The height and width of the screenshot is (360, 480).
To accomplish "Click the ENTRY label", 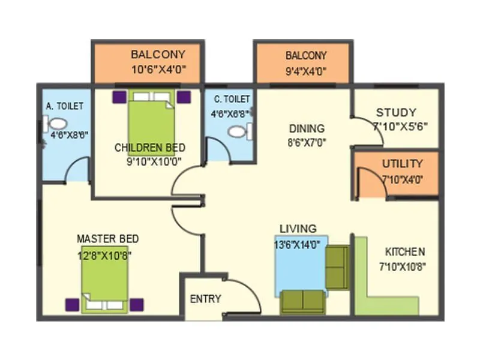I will (x=206, y=299).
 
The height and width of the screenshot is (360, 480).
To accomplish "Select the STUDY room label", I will (x=396, y=112).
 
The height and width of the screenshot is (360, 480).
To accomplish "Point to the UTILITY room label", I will (x=402, y=163).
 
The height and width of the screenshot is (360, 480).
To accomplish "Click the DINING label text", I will (x=307, y=128).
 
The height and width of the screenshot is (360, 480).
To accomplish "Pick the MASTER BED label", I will (x=107, y=239).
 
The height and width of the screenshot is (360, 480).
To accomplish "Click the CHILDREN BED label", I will (x=149, y=148).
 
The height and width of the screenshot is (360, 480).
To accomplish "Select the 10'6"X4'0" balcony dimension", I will (x=158, y=69).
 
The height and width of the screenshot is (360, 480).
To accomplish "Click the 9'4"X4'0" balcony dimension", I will (x=305, y=70).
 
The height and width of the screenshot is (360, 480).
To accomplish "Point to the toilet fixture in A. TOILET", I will (x=56, y=124).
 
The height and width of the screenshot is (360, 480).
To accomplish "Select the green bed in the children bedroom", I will (x=151, y=120).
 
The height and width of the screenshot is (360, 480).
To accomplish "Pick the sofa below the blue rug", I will (x=302, y=302).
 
